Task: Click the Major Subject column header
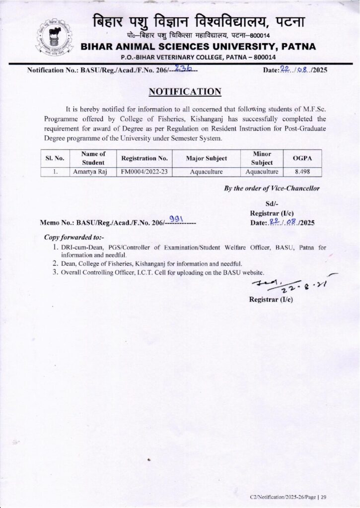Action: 206,158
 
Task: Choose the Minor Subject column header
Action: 262,158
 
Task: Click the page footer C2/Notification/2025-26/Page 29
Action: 288,497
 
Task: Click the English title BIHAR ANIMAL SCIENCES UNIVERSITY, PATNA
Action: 198,47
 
